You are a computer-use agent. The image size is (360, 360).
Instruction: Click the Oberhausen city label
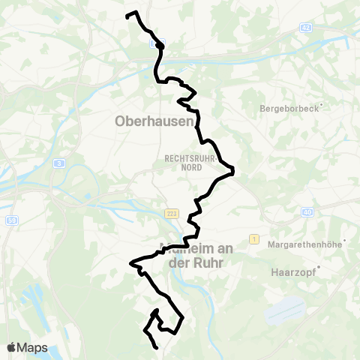tap(154, 121)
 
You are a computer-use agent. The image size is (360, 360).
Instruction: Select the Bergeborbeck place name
tap(289, 108)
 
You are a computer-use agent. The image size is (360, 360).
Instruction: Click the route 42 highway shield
tap(305, 27)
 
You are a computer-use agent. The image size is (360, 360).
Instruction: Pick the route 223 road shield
tap(172, 214)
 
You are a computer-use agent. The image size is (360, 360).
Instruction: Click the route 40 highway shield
tap(308, 212)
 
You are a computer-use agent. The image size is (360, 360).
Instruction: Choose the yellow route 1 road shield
tap(255, 238)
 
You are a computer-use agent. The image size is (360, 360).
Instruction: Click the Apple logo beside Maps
tap(12, 347)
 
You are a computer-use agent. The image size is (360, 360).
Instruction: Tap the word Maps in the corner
tap(33, 347)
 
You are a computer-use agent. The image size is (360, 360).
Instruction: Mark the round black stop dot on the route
tap(160, 45)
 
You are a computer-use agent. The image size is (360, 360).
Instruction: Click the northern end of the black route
tap(127, 15)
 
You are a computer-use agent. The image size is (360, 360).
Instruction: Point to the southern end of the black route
tap(156, 348)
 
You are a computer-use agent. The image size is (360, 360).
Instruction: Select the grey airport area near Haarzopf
tap(285, 309)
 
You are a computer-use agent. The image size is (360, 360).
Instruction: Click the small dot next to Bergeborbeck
tap(319, 108)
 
